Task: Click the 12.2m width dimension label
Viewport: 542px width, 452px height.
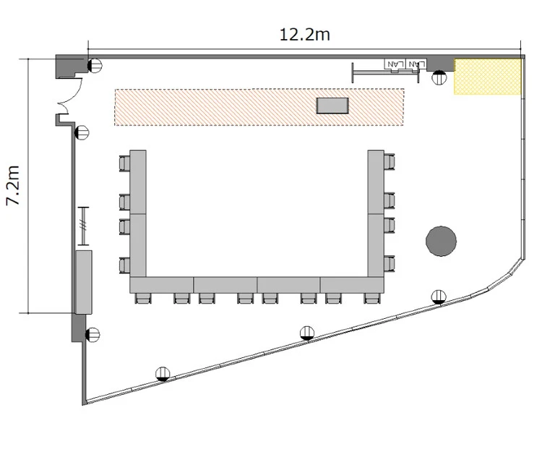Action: (x=304, y=35)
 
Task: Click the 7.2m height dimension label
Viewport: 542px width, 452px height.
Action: (x=14, y=185)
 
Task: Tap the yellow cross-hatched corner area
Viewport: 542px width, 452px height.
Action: (x=488, y=77)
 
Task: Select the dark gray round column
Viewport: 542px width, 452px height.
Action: (x=441, y=241)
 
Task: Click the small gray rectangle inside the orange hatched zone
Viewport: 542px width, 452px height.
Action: (x=332, y=106)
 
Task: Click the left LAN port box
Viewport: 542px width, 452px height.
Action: (x=395, y=64)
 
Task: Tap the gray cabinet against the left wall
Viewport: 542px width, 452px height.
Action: (x=84, y=282)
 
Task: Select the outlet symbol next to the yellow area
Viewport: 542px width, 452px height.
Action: (x=439, y=77)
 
